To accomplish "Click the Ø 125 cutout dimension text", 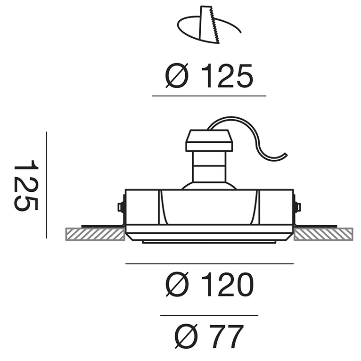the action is coord(209,76).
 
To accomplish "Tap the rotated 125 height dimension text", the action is coord(26,185).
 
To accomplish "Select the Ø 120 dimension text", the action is coord(210,284).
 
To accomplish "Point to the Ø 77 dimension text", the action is coord(209,336).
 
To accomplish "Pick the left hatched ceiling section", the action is coord(95,234).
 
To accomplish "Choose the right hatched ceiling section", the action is coord(323,234).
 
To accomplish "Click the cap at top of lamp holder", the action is coord(209,140).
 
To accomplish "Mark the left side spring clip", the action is coord(122,207).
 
